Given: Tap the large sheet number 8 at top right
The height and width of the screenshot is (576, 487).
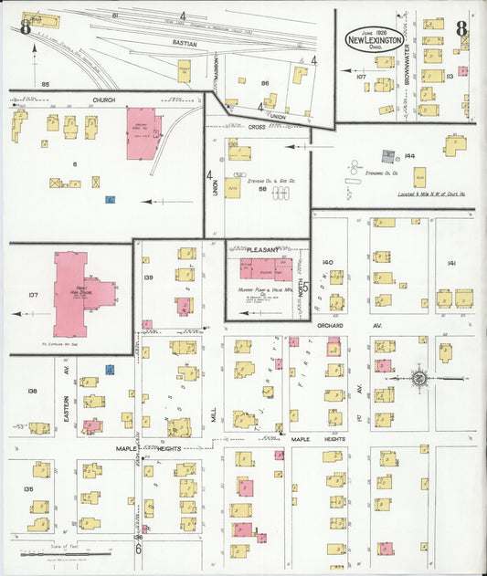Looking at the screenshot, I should (462, 28).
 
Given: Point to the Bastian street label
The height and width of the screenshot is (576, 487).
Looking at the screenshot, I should (185, 42).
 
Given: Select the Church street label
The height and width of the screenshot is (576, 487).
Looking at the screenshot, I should (102, 99).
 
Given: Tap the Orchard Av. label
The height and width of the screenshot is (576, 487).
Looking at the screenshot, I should (335, 325).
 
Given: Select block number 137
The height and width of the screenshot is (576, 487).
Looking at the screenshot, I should (34, 295).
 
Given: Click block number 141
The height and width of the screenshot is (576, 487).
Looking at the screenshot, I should (451, 263).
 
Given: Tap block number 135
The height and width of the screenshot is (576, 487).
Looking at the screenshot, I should (28, 489).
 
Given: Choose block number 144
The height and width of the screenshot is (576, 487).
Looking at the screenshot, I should (410, 156).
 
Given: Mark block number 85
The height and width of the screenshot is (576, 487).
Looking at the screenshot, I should (44, 84).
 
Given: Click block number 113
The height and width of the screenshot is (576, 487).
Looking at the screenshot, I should (450, 77).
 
